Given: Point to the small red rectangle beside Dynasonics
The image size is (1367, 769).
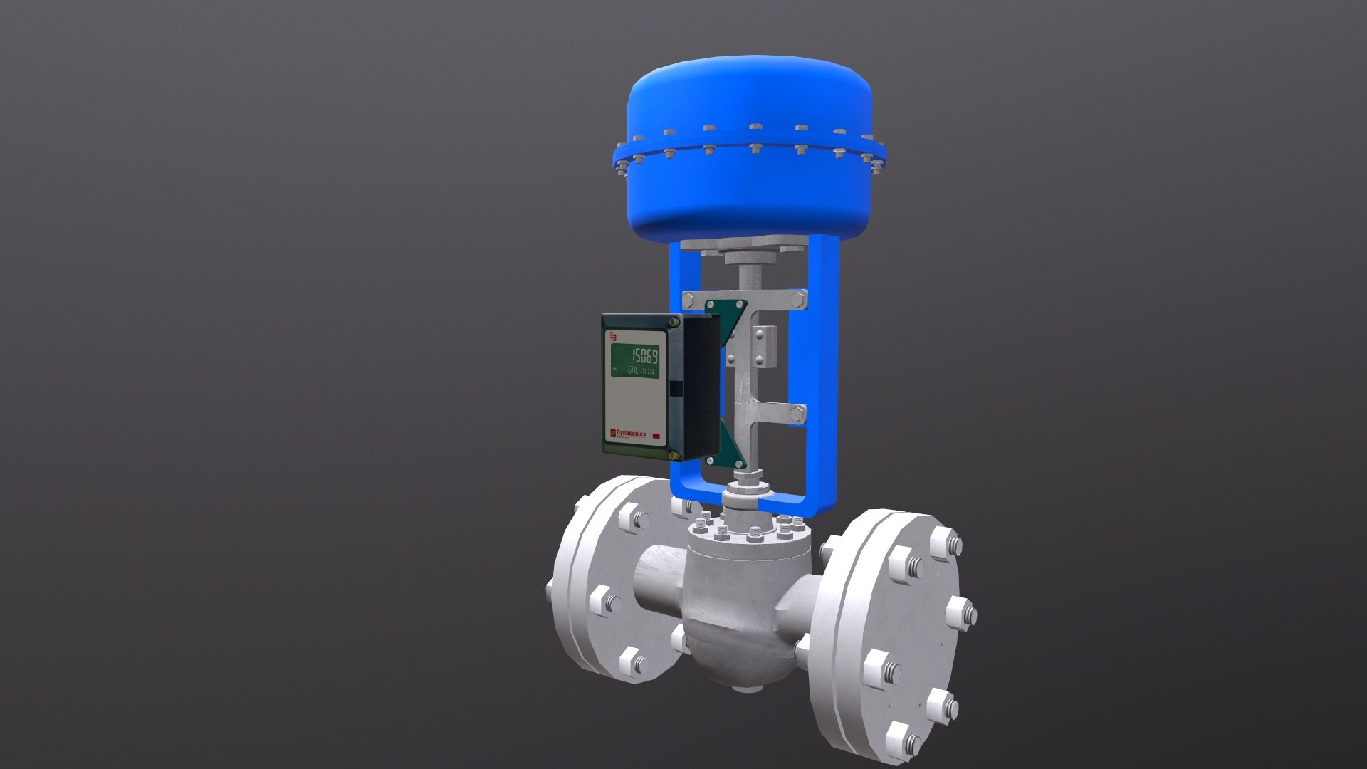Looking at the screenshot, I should (x=656, y=436).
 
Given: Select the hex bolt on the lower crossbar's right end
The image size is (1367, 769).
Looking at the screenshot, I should (x=798, y=412).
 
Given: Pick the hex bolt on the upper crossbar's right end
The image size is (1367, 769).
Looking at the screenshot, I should (x=798, y=299).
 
